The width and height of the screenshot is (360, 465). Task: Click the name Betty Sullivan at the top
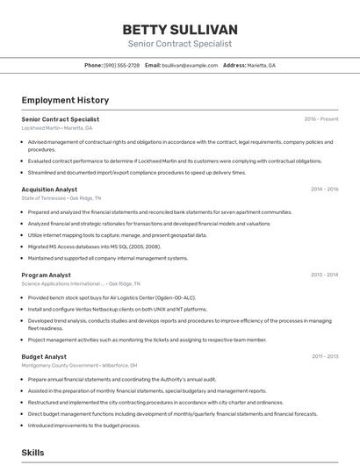point(180,30)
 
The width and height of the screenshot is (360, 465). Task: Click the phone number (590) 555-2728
point(121,65)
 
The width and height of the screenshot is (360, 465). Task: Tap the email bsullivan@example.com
point(189,65)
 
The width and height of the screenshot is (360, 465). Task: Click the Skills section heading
point(33,453)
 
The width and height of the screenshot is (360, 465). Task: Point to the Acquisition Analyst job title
point(49,189)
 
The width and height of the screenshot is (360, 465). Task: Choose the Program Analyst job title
point(47,275)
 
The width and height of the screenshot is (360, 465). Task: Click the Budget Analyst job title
point(44,356)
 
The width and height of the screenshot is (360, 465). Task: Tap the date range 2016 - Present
point(321,119)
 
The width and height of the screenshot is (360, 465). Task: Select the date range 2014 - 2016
point(324,189)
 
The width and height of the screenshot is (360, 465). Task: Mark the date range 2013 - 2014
point(324,275)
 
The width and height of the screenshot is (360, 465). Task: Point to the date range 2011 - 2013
point(324,356)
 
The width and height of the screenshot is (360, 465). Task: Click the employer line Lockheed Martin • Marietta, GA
point(57,128)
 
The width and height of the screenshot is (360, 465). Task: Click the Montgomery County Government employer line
point(79,365)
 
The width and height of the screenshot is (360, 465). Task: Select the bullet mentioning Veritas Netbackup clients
point(117,309)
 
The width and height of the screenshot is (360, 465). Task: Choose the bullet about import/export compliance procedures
point(136,172)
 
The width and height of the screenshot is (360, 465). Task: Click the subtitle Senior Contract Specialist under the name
point(180,44)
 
